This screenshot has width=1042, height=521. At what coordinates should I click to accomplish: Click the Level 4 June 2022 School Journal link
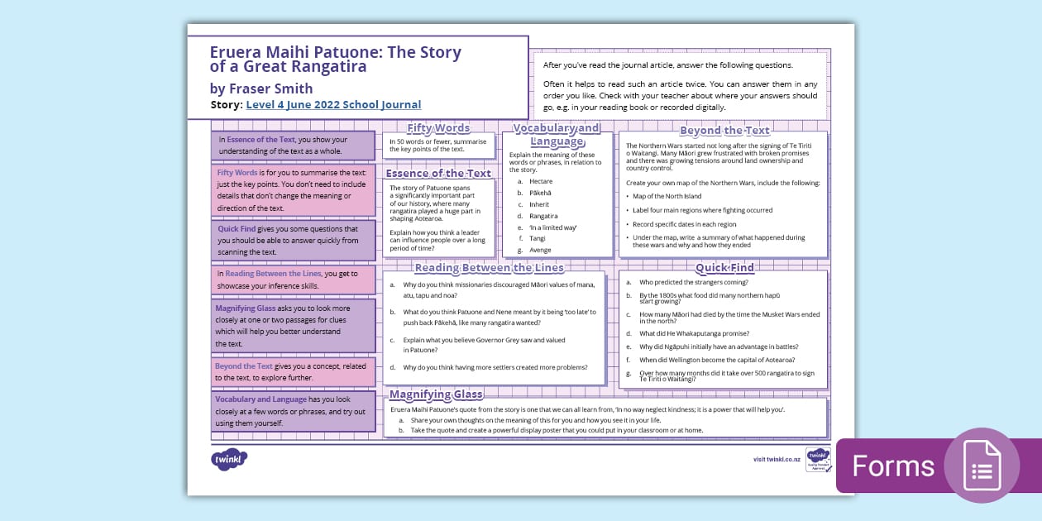(x=333, y=105)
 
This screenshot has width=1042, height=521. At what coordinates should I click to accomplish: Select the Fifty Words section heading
(x=438, y=128)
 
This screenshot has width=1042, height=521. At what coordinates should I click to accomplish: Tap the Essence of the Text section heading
(x=438, y=174)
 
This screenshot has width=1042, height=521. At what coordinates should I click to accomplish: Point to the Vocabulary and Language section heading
(x=557, y=134)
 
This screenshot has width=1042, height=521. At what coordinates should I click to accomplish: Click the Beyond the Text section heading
(x=724, y=131)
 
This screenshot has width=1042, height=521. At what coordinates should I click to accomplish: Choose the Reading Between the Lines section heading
(x=489, y=268)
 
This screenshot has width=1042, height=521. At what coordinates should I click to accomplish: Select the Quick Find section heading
(x=724, y=268)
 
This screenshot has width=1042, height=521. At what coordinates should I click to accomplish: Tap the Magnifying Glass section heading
(x=436, y=394)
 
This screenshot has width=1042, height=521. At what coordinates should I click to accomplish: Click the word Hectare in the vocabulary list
(x=541, y=181)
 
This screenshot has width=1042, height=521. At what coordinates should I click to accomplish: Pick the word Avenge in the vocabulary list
(x=540, y=250)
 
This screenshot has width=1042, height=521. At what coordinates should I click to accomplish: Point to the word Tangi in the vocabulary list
(x=538, y=238)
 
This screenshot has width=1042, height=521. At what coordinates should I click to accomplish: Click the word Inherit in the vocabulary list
(x=539, y=204)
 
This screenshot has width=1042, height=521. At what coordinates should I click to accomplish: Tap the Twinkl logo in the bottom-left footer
(x=229, y=459)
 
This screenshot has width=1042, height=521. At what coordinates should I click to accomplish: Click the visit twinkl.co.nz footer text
(x=776, y=459)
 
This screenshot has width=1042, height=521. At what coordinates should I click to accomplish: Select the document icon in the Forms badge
(x=982, y=466)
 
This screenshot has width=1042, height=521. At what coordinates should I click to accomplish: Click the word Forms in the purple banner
(x=893, y=466)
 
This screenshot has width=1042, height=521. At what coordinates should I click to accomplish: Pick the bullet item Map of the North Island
(x=667, y=196)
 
